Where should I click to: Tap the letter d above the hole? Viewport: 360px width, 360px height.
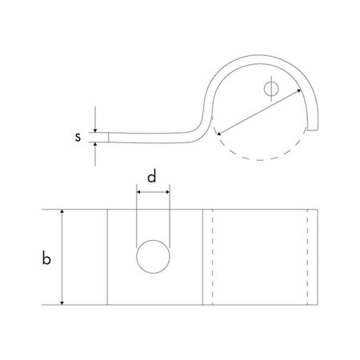153,175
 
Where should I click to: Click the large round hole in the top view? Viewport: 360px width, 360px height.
152,258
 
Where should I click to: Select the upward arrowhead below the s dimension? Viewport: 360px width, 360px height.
95,146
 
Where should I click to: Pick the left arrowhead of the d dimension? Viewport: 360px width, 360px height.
139,192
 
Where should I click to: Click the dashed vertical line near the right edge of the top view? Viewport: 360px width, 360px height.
308,258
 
